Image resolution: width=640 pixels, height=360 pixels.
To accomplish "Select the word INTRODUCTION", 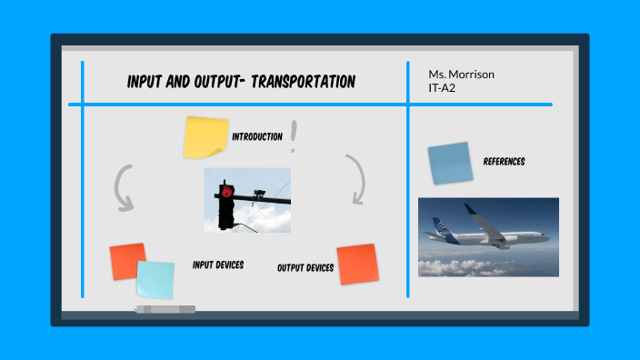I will [257, 136].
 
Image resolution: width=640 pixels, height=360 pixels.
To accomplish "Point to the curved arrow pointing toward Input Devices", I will [122, 187].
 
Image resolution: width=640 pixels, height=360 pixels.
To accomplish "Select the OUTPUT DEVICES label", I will [305, 268].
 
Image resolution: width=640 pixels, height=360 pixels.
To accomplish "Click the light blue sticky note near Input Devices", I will [155, 279].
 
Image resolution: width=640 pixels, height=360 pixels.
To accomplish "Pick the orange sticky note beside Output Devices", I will [356, 264].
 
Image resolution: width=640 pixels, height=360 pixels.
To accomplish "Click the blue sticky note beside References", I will [450, 163].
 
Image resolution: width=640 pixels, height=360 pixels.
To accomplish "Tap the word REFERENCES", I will [504, 162].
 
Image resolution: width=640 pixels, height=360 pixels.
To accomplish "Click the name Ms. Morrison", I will [462, 75].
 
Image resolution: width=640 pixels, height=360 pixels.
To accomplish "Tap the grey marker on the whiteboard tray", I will [165, 310].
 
